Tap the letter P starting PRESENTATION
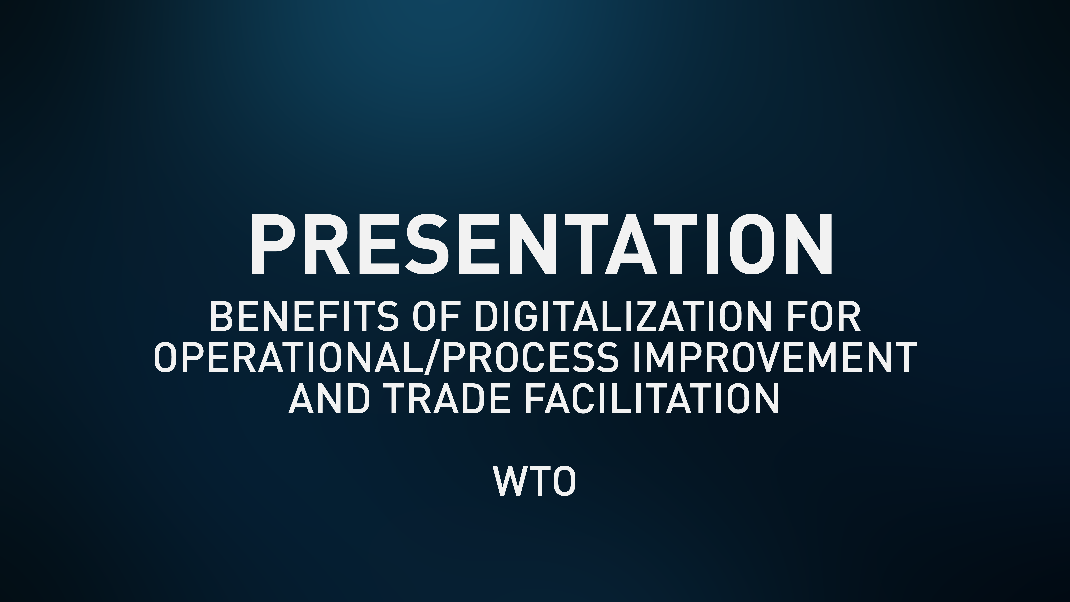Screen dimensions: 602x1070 pyautogui.click(x=272, y=245)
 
